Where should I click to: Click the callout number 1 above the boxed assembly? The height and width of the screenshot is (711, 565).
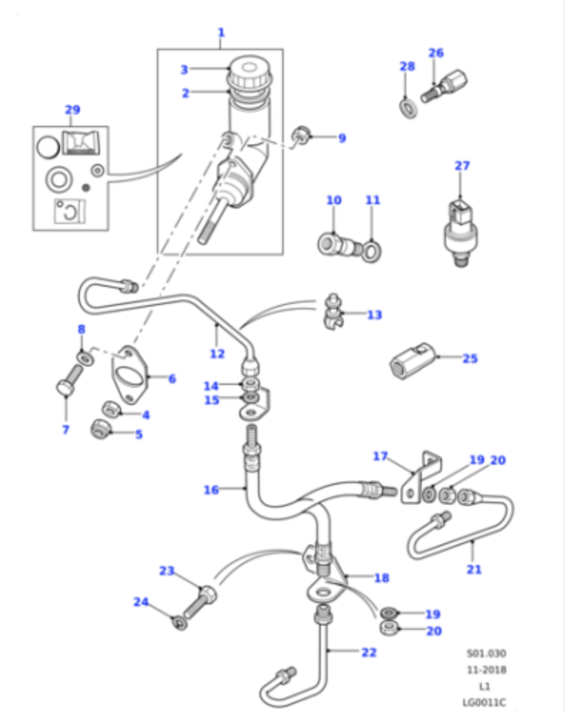pos(221,33)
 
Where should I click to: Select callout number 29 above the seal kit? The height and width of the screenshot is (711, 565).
pos(73,110)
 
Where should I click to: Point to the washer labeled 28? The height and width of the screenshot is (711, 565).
pos(408,108)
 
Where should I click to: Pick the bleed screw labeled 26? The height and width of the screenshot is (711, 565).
pos(444,86)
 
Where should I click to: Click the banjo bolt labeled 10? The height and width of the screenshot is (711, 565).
pos(339,245)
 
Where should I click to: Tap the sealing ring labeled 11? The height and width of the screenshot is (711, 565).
pos(371,251)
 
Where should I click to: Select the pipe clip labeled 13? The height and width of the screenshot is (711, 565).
pos(334,312)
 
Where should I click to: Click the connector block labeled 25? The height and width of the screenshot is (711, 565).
pos(413,361)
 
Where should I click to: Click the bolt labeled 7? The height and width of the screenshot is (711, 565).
pos(69,380)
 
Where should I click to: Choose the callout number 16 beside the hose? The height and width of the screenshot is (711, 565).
pos(211,489)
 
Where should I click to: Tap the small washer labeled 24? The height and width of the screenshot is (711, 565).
pos(180,623)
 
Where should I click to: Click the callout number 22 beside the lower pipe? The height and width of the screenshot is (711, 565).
pos(369,652)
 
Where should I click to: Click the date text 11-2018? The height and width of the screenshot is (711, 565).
pos(486,670)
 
